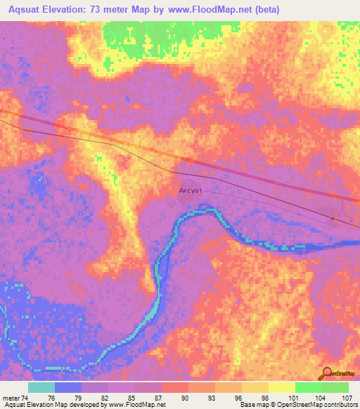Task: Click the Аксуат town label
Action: [193, 189]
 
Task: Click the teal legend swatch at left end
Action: [41, 387]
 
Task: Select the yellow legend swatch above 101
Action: [281, 387]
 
